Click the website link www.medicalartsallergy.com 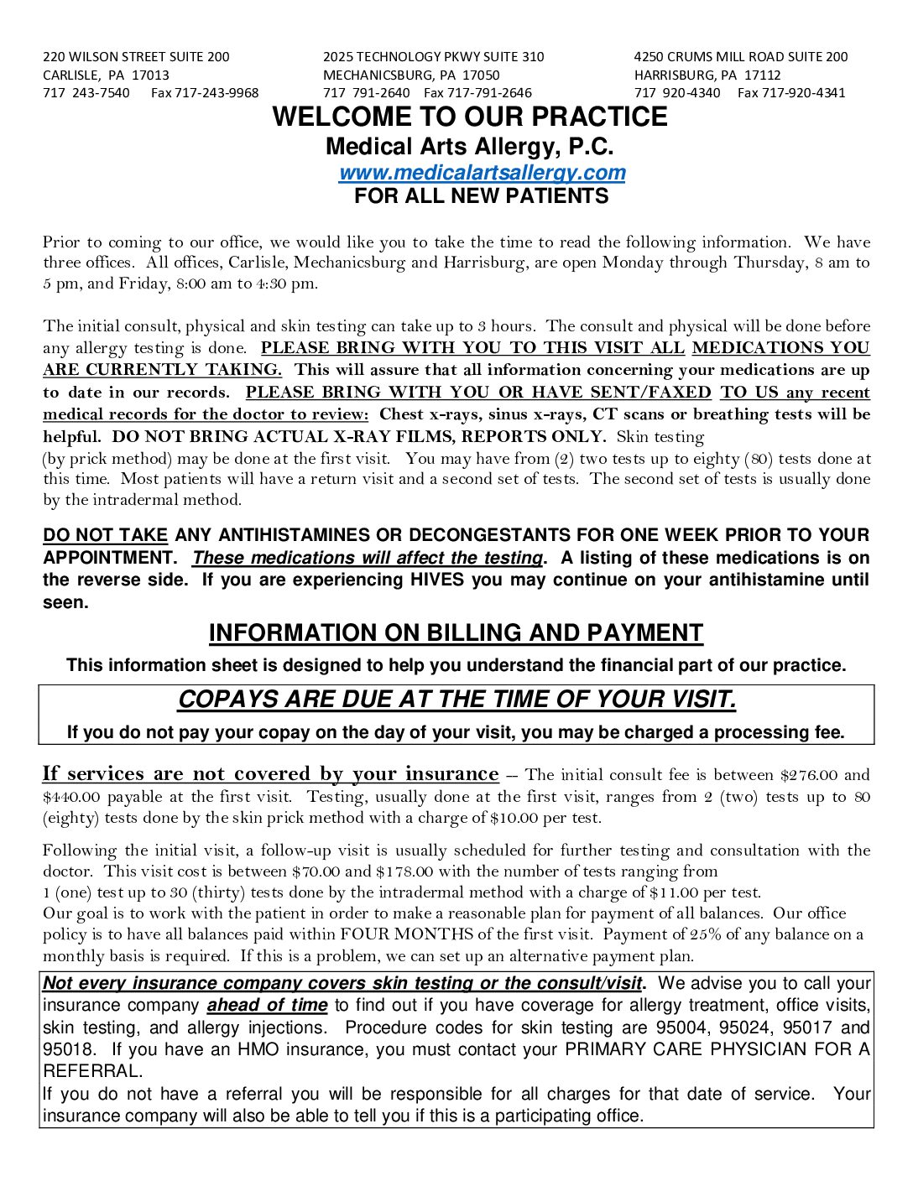(482, 173)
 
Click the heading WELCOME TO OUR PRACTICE (469, 117)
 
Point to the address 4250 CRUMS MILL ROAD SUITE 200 (740, 57)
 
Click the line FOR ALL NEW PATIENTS (481, 196)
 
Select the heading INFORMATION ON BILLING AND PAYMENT (456, 633)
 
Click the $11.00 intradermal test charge (676, 892)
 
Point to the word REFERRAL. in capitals (93, 1071)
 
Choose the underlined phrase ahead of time (267, 1005)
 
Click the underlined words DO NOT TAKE (105, 535)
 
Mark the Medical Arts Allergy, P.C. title (469, 147)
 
